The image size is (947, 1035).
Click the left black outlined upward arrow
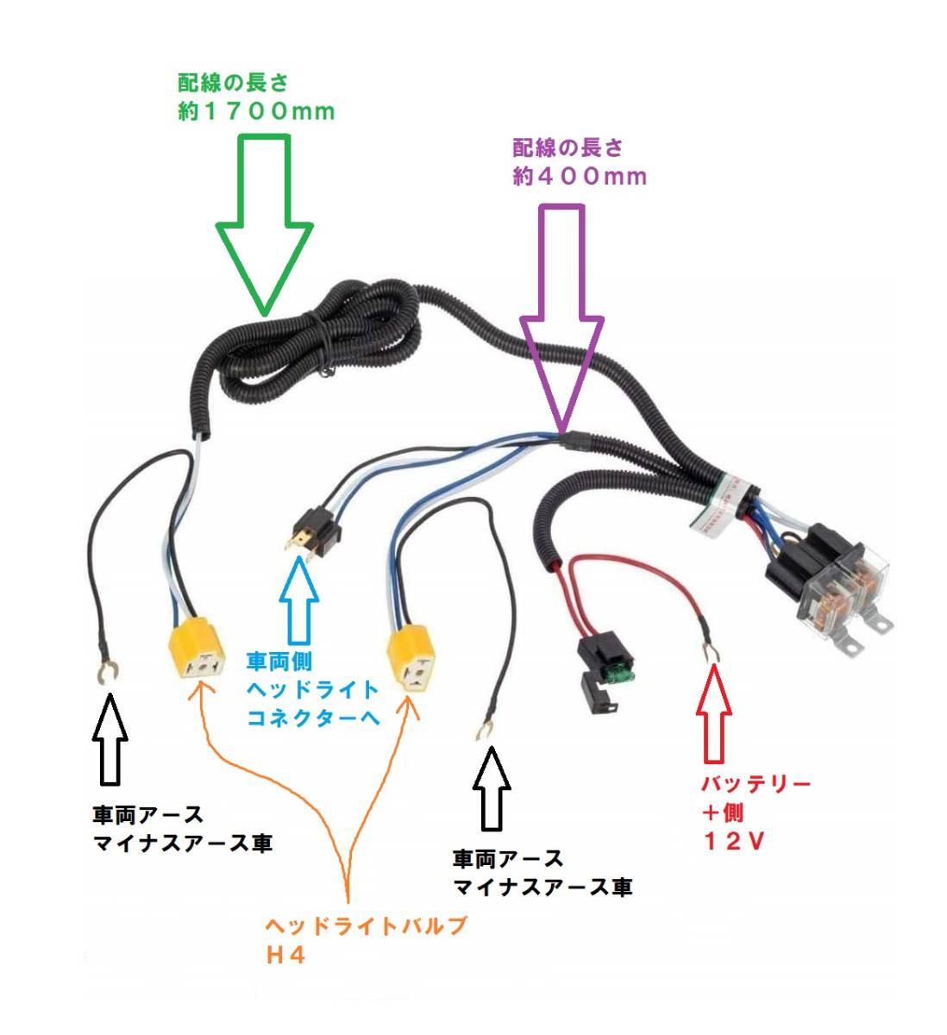point(110,738)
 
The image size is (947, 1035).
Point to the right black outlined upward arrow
point(492,788)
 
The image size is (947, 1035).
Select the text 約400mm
point(580,177)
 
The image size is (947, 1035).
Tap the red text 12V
point(733,841)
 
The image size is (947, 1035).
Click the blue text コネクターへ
point(313,718)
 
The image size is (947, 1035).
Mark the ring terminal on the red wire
point(712,652)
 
